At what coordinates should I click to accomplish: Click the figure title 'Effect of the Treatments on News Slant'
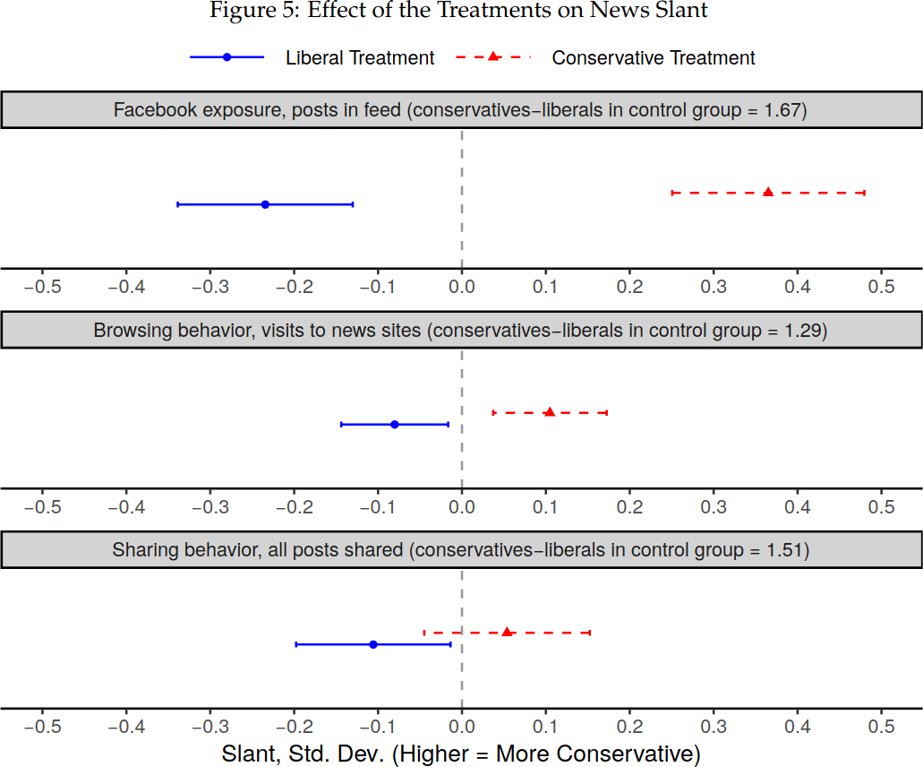point(458,11)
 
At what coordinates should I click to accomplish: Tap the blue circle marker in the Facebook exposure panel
point(265,204)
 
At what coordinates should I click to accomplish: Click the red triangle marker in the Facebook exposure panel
point(768,192)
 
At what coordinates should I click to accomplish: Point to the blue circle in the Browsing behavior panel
point(395,424)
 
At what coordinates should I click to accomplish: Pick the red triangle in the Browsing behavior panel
point(550,412)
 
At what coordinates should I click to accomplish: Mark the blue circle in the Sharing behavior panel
point(373,644)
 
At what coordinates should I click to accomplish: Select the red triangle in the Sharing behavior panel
point(507,632)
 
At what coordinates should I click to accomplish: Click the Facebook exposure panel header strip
point(460,110)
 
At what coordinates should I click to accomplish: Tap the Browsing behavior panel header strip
point(460,331)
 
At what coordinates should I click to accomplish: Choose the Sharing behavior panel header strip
point(460,550)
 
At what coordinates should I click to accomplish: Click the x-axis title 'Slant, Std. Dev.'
point(461,754)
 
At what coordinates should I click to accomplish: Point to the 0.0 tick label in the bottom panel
point(462,727)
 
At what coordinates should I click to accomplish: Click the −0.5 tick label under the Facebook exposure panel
point(42,287)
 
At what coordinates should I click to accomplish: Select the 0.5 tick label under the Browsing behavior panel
point(882,507)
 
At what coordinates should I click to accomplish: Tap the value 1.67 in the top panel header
point(786,110)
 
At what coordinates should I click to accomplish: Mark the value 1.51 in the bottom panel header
point(787,550)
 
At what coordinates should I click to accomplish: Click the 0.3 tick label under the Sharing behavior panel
point(714,727)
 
